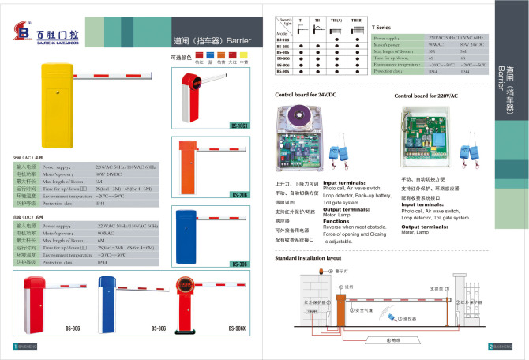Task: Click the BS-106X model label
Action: pos(239,126)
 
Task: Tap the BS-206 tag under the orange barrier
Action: pos(239,194)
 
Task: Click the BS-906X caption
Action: pos(239,328)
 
